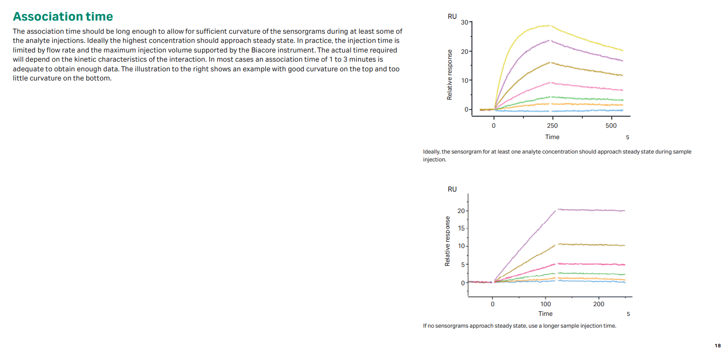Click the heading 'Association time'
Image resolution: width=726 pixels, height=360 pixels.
(x=63, y=17)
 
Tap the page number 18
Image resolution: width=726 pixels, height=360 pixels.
(x=717, y=346)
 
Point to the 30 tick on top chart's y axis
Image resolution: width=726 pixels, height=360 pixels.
(x=464, y=22)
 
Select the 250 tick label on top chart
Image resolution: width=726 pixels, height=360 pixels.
(x=552, y=126)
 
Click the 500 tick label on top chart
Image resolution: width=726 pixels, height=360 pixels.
(x=611, y=126)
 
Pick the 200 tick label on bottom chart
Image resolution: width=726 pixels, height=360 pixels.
(x=598, y=304)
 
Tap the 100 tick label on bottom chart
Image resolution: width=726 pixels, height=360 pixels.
(x=545, y=304)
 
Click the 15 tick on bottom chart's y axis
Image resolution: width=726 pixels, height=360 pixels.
(x=461, y=228)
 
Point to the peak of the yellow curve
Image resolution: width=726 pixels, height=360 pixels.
(x=549, y=25)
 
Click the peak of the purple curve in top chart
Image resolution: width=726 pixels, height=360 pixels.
(x=549, y=41)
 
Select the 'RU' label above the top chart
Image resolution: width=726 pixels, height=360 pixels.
(x=452, y=17)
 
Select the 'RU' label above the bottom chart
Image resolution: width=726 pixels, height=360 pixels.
(x=452, y=189)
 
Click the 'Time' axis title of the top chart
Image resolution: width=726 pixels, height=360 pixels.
(x=552, y=137)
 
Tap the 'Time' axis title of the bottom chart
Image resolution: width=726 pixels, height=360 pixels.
(x=545, y=314)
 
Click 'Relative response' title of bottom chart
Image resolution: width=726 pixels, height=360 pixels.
(x=447, y=241)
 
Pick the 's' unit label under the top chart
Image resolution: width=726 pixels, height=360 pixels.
(x=627, y=137)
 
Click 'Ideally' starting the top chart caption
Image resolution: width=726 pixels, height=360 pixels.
(x=431, y=152)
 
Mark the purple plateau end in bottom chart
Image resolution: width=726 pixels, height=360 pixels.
(x=624, y=211)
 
